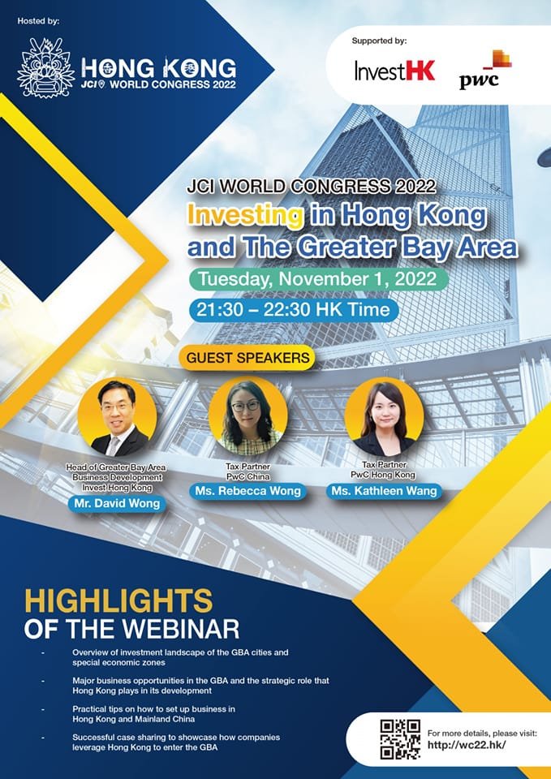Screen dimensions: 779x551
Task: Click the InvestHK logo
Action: click(x=394, y=71)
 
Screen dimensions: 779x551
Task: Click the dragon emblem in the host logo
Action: click(x=46, y=67)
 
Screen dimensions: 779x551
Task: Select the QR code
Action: click(x=399, y=738)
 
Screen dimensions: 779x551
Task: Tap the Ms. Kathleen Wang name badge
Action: click(x=384, y=491)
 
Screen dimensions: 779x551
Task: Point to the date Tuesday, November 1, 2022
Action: click(x=318, y=278)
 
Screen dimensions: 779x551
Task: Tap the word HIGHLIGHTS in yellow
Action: click(x=118, y=601)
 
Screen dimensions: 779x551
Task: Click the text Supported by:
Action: click(x=379, y=40)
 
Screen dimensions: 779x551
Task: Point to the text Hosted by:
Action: click(x=37, y=19)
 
